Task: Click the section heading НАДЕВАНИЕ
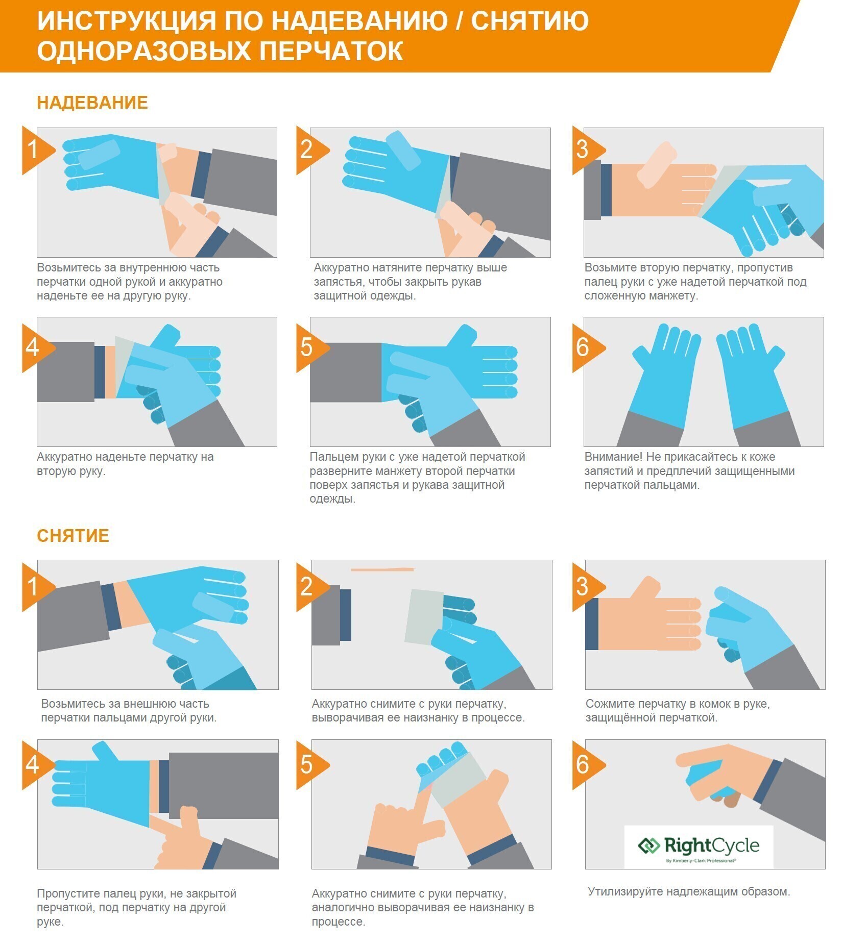coord(92,103)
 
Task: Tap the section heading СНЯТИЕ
coord(73,536)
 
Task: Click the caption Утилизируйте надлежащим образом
coord(689,891)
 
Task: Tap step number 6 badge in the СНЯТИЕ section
coord(588,765)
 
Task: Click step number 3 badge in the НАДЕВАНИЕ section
coord(588,150)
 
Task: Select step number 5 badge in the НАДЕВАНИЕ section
coord(312,347)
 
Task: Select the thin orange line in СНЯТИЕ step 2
coord(383,569)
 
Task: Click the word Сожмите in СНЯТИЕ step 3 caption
coord(609,704)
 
